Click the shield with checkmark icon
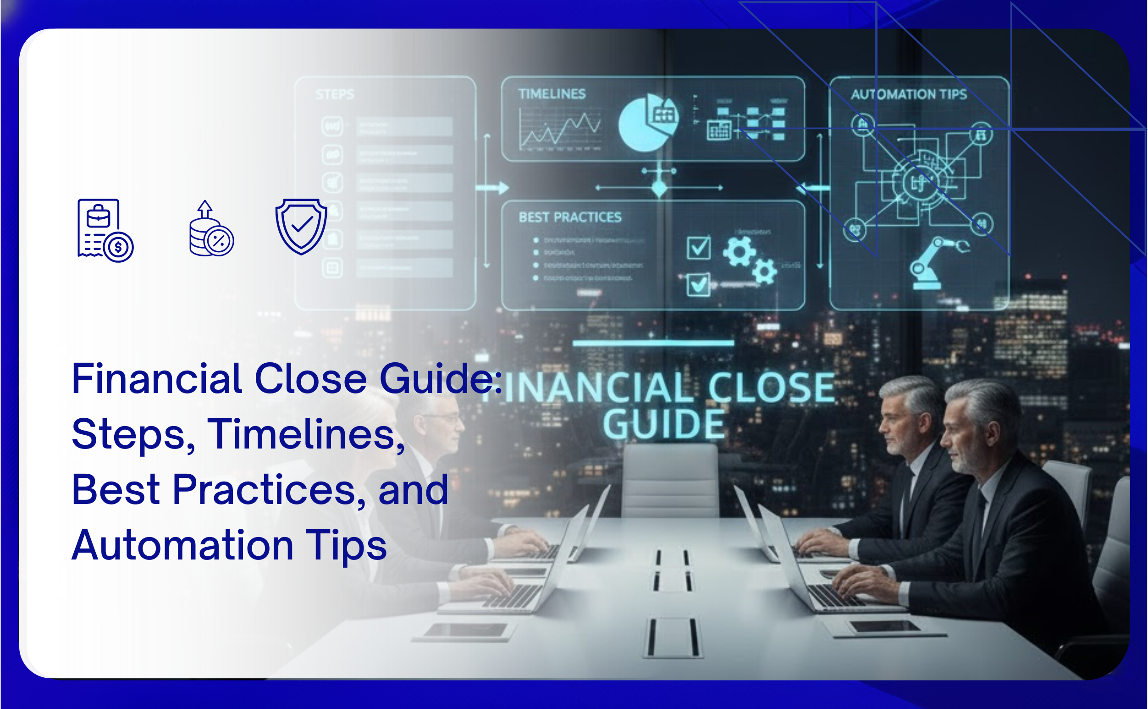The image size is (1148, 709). [x=301, y=227]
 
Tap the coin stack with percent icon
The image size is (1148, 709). [x=211, y=230]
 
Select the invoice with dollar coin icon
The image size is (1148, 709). [x=105, y=230]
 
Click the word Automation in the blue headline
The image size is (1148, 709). [x=183, y=545]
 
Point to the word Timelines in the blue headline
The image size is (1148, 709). [x=305, y=434]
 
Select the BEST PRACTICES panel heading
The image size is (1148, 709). [x=570, y=217]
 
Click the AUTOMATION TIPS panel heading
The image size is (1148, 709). [x=909, y=95]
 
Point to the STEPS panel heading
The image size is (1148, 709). [x=335, y=95]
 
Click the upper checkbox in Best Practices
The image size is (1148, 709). [x=698, y=248]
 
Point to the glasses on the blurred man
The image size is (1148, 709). [x=443, y=417]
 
